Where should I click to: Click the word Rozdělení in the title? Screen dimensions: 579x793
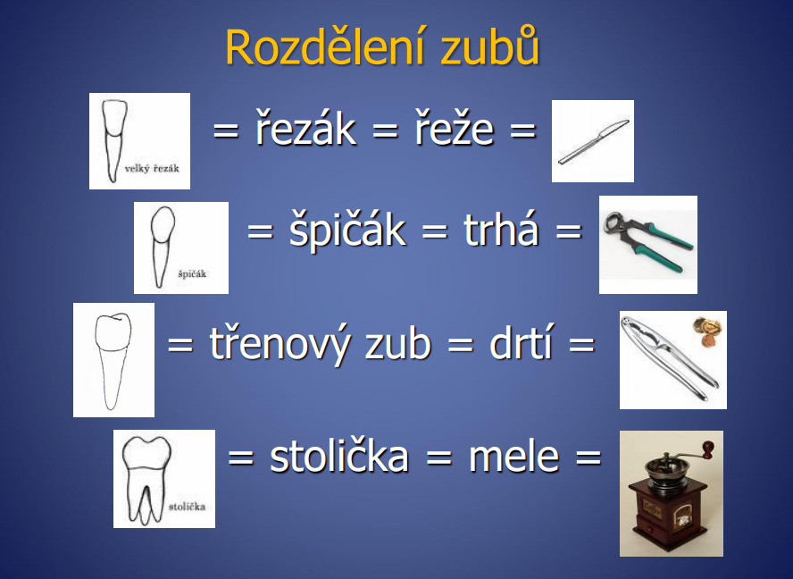point(325,47)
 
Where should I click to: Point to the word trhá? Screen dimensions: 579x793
point(500,231)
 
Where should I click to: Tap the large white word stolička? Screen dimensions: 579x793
point(338,457)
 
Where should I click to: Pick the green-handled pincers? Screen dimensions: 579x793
point(647,243)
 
